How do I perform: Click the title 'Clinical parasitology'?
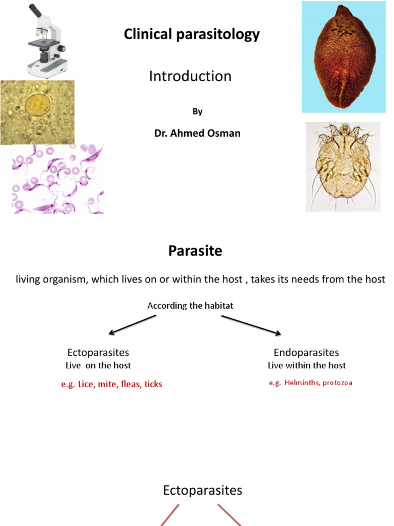point(191,34)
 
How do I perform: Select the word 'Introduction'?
point(190,77)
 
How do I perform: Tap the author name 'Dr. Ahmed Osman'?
point(198,133)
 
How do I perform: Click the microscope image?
point(46,40)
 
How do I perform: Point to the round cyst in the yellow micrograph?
point(35,105)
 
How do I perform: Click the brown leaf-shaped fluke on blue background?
point(344,57)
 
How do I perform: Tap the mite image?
point(343,166)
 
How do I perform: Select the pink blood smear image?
point(58,179)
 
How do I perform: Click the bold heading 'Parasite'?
point(195,251)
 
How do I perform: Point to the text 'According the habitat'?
point(190,306)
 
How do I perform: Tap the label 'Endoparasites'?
point(306,352)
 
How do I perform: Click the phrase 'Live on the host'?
point(98,365)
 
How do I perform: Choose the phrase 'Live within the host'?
point(307,365)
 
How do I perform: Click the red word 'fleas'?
point(131,384)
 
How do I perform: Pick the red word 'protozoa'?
point(337,383)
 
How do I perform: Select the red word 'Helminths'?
point(302,383)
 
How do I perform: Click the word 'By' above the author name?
point(198,111)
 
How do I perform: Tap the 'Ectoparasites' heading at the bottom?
point(202,491)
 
